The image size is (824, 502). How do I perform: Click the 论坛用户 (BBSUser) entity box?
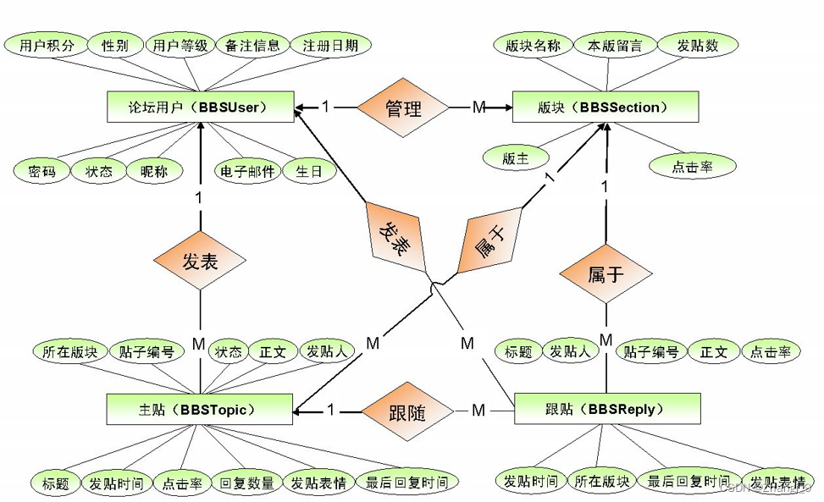(x=200, y=108)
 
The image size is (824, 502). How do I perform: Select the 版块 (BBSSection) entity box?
(x=606, y=108)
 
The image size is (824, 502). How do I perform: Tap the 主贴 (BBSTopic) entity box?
(x=200, y=409)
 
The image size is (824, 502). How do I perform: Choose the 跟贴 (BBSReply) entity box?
(x=606, y=409)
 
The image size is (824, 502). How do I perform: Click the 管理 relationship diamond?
(x=403, y=108)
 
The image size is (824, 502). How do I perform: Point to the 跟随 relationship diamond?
(x=409, y=412)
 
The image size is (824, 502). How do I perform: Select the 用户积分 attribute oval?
(x=46, y=46)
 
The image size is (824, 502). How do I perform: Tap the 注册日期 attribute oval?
(x=330, y=46)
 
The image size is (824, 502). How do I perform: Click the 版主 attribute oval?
(x=516, y=158)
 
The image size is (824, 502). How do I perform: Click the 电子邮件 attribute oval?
(x=247, y=171)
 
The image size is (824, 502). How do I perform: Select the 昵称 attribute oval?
(x=153, y=171)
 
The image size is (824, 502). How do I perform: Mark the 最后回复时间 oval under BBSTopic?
(x=406, y=483)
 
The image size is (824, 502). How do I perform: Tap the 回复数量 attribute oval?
(x=246, y=483)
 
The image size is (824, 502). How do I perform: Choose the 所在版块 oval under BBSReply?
(x=600, y=482)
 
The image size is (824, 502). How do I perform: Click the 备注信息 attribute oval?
(x=251, y=46)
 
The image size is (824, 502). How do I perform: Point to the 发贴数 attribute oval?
(x=698, y=46)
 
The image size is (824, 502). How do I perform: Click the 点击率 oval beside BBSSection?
(x=693, y=167)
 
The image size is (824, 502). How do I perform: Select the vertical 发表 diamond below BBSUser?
(x=200, y=262)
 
